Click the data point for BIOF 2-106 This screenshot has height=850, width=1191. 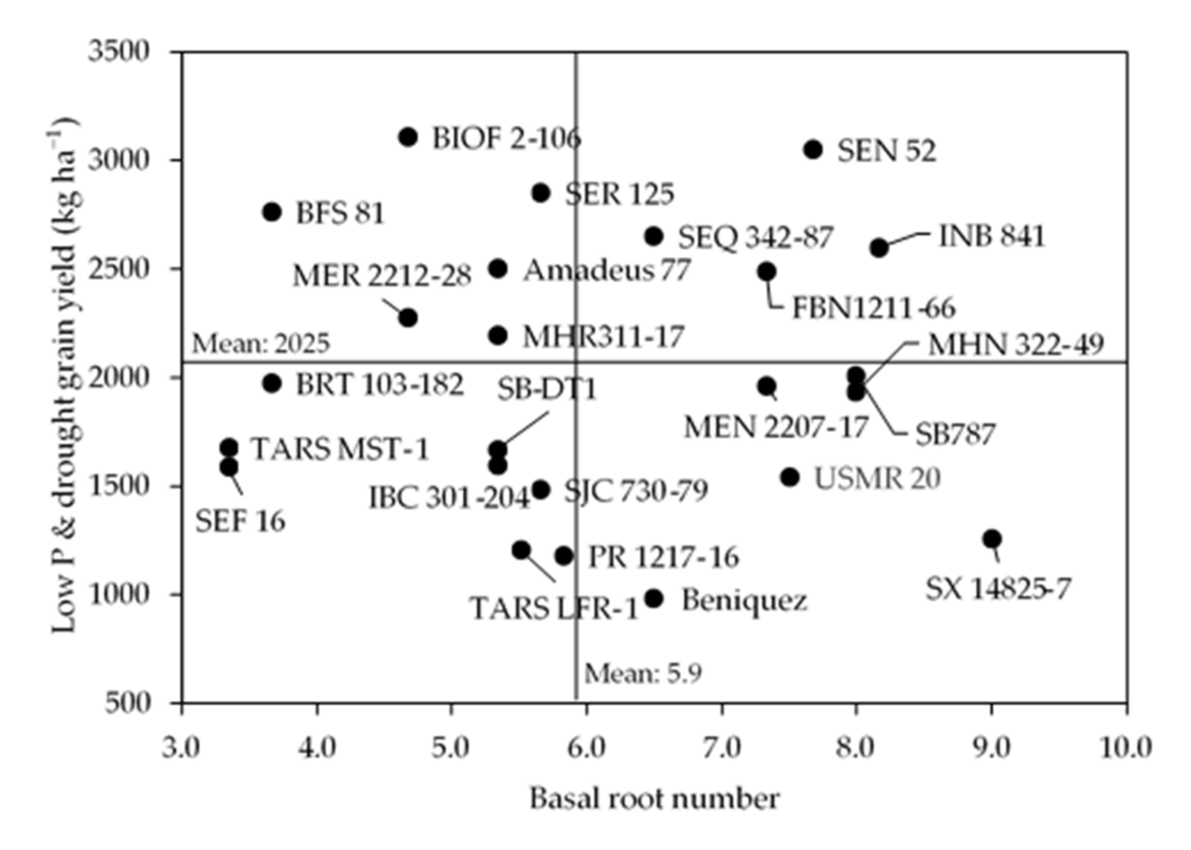coord(408,137)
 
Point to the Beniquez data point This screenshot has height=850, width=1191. coord(654,599)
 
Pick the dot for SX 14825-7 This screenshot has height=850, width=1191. coord(991,538)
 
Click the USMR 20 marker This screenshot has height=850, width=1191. coord(790,477)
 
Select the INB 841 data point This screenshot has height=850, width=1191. coord(879,248)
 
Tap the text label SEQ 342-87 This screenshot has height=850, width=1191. coord(755,237)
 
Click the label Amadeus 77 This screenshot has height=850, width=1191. coord(607,271)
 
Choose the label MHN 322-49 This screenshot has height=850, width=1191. coord(1016,345)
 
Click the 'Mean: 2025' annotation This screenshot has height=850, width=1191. coord(261,344)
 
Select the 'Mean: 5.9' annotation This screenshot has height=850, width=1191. coord(643,674)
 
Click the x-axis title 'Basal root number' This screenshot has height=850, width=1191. coord(654,799)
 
